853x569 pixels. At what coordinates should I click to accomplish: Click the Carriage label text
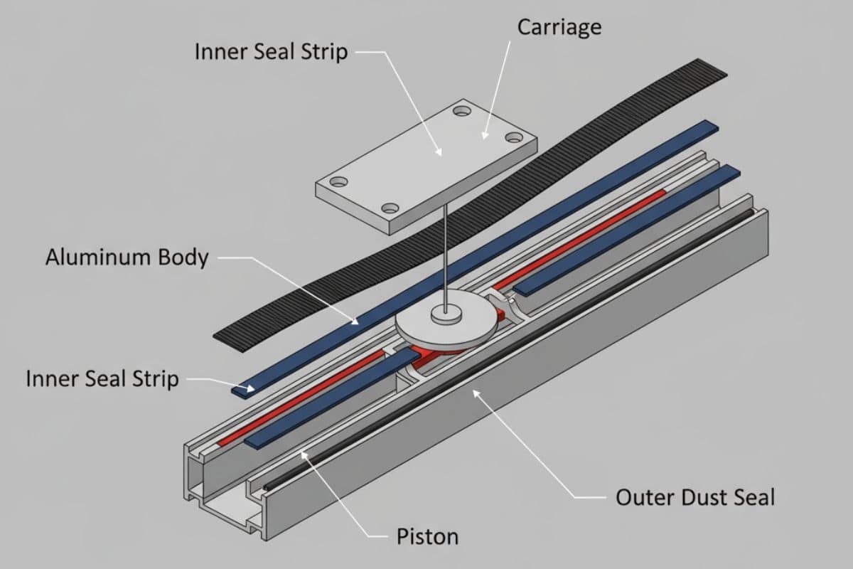[559, 28]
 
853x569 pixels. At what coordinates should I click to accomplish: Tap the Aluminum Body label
[127, 257]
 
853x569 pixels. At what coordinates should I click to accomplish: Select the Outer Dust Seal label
[694, 496]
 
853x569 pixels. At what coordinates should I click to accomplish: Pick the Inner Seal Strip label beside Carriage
[270, 52]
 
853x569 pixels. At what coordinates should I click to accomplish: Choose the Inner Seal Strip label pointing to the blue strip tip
[102, 379]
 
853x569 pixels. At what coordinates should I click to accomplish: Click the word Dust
[692, 496]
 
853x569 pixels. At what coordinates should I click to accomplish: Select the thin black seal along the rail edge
[498, 356]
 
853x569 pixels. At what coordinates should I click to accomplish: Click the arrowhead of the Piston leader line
[302, 453]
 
